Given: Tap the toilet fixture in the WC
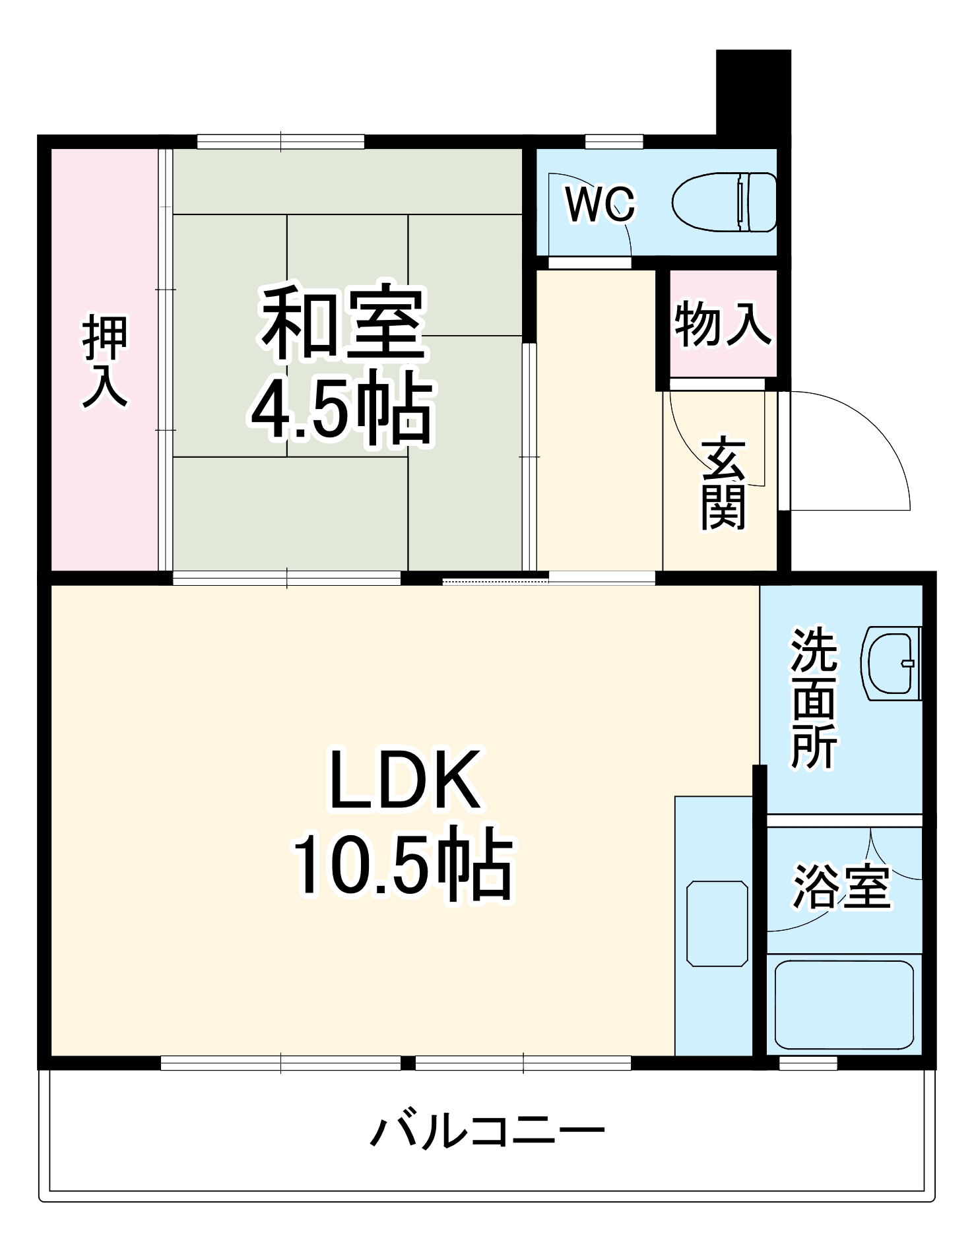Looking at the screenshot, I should [x=725, y=202].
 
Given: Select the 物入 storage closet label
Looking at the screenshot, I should [x=723, y=323].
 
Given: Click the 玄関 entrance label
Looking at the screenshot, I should [x=723, y=484].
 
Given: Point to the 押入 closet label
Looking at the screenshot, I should [x=105, y=362].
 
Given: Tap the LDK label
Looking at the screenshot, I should [x=404, y=780].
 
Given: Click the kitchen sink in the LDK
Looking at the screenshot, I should [x=717, y=923].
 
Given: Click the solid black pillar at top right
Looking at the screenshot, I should [x=753, y=92].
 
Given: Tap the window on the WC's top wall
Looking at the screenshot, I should [x=614, y=141].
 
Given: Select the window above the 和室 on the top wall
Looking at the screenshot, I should [x=280, y=141].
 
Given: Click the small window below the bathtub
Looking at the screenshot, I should [x=808, y=1063].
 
